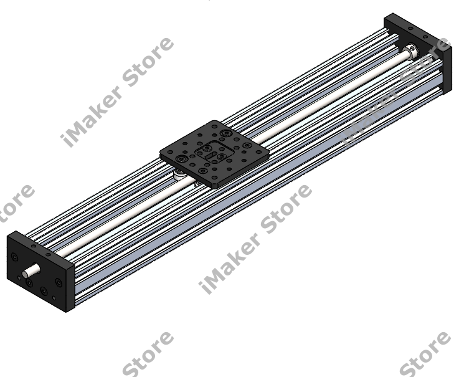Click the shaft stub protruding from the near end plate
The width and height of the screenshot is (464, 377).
point(29,272)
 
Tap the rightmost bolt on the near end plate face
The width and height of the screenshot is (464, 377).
point(58,282)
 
